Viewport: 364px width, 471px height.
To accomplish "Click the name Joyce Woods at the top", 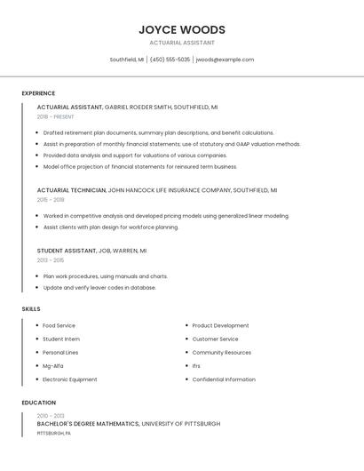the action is coord(181,29).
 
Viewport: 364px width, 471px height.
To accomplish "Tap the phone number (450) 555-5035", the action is coord(170,60).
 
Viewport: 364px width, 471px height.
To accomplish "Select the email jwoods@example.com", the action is coord(225,60).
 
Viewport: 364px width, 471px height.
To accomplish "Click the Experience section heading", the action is coord(38,93).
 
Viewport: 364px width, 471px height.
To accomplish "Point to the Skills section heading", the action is coord(31,308).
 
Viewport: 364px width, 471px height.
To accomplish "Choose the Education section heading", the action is coord(38,403).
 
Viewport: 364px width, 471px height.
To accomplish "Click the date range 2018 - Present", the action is coord(55,116).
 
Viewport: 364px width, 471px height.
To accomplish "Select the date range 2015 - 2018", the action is coord(51,200).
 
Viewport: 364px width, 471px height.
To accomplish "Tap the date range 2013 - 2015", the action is coord(51,260).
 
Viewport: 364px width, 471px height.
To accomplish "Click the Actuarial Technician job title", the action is coord(70,190).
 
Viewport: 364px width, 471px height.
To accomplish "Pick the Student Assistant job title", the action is coord(67,251).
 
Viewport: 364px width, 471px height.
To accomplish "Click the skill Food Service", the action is coord(59,326).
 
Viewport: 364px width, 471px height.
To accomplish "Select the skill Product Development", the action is coord(220,326).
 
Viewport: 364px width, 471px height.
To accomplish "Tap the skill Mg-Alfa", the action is coord(53,366).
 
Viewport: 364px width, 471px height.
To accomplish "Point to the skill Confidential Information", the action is coord(224,379).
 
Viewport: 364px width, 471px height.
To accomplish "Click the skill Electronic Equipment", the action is coord(70,379).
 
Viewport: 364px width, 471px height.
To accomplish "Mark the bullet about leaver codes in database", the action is coord(99,288).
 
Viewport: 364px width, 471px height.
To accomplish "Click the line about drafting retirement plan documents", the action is coord(146,132).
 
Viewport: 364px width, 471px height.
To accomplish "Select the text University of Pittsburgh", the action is coord(181,424).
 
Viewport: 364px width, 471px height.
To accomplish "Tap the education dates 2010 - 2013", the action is coord(51,416).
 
